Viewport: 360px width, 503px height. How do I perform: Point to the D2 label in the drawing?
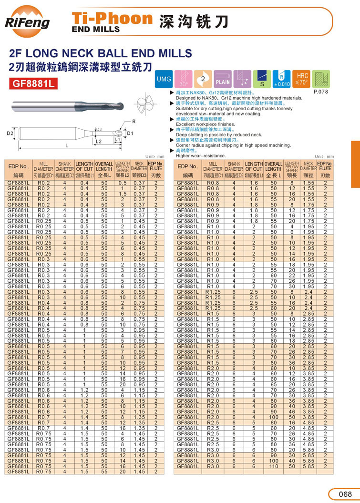(x=10, y=133)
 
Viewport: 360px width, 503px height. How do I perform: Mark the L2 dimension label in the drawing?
(x=99, y=142)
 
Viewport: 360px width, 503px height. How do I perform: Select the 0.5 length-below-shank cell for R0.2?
(x=122, y=183)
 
